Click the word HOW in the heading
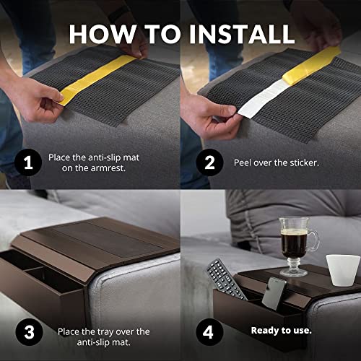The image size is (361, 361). pyautogui.click(x=105, y=33)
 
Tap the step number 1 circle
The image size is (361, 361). pyautogui.click(x=28, y=162)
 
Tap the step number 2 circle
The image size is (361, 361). pyautogui.click(x=209, y=162)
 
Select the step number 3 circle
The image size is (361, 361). pyautogui.click(x=28, y=332)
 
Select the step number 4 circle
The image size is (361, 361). pyautogui.click(x=209, y=332)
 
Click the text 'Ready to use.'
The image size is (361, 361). pyautogui.click(x=281, y=331)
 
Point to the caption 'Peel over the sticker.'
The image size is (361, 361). pyautogui.click(x=277, y=162)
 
